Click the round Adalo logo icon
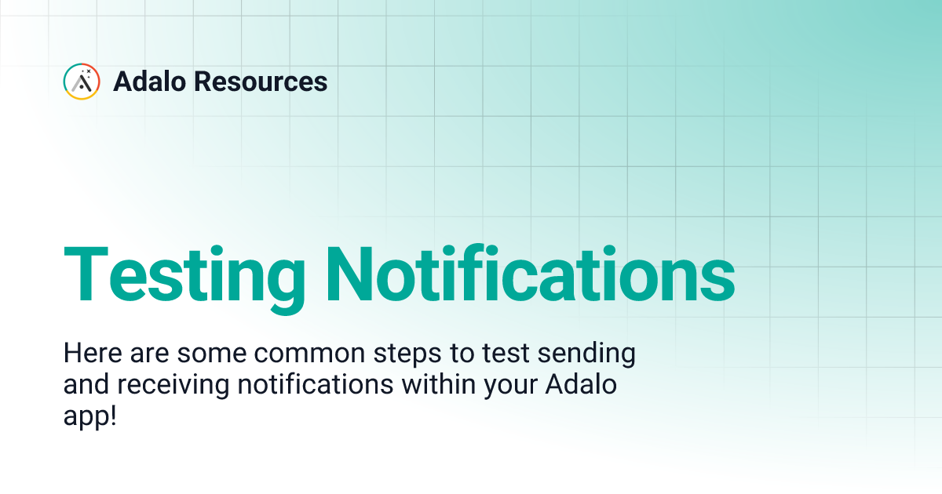pyautogui.click(x=82, y=82)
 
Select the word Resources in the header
pyautogui.click(x=261, y=82)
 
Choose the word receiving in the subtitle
pyautogui.click(x=162, y=387)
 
